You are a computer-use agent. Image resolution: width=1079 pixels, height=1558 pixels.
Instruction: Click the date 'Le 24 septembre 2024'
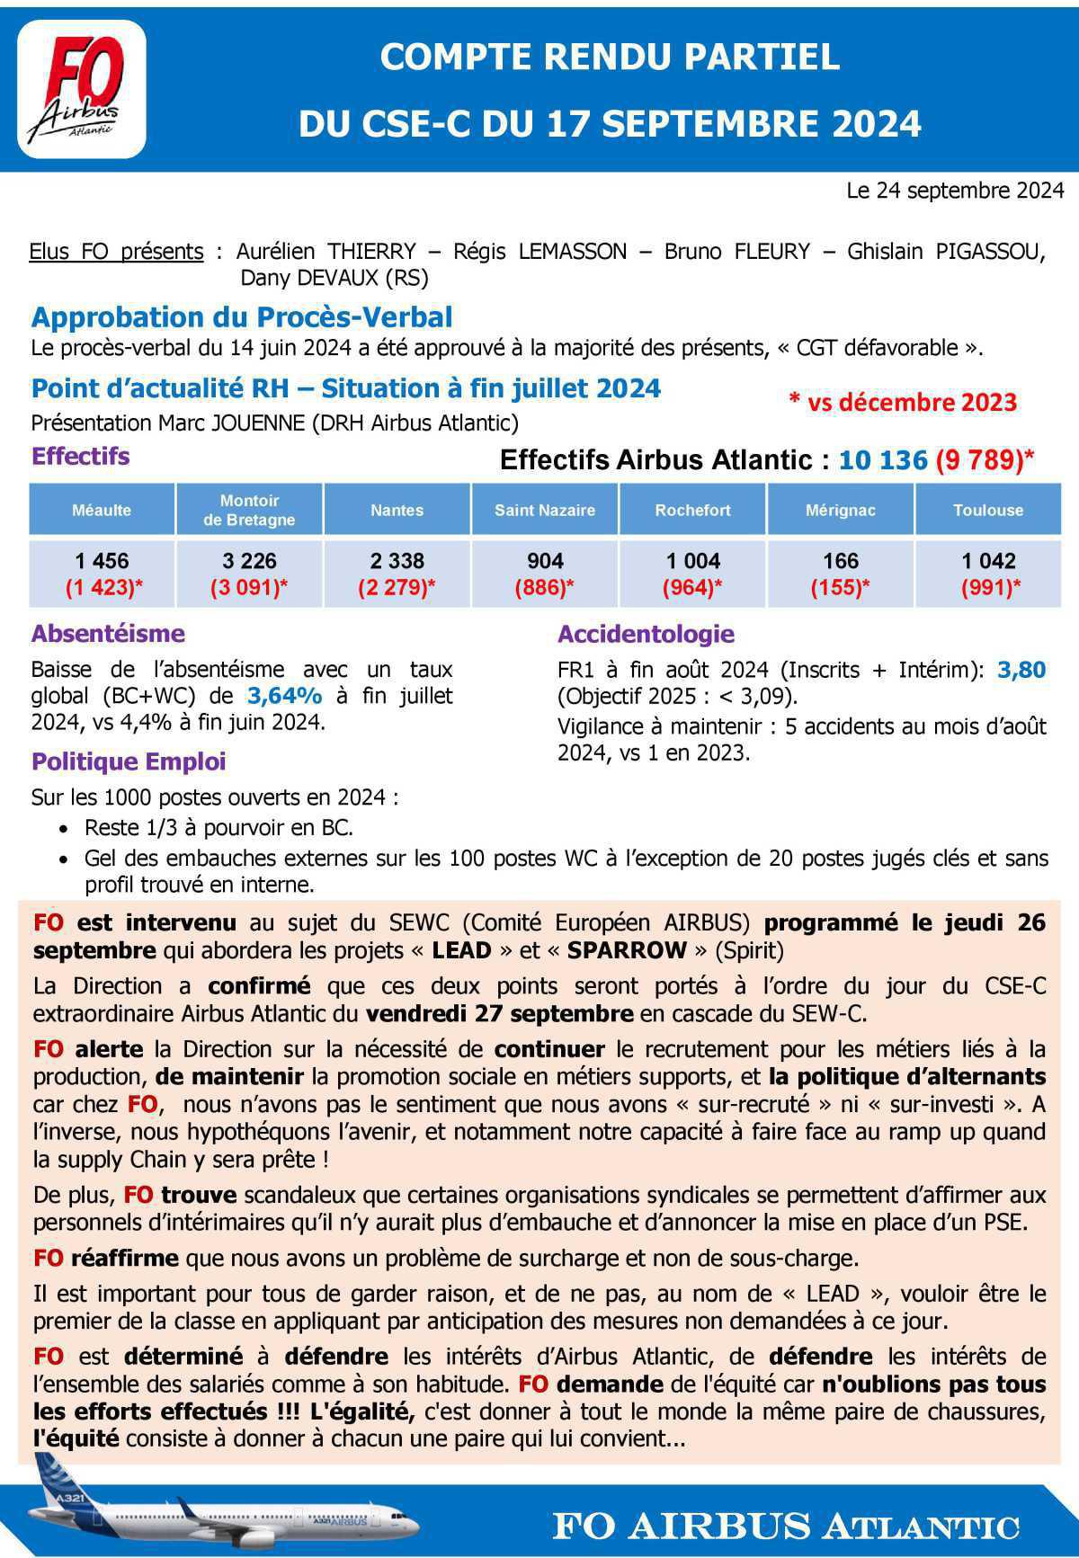pyautogui.click(x=955, y=191)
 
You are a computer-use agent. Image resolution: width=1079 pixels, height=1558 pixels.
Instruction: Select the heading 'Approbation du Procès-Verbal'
pyautogui.click(x=242, y=317)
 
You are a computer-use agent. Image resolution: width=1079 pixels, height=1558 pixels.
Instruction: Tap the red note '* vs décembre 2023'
pyautogui.click(x=903, y=402)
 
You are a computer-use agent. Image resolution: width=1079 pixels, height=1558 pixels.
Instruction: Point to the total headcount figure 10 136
pyautogui.click(x=882, y=460)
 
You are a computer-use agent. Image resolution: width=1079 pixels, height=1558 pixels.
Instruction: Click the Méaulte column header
pyautogui.click(x=102, y=510)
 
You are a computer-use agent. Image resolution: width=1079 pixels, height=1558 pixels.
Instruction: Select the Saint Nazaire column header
pyautogui.click(x=545, y=510)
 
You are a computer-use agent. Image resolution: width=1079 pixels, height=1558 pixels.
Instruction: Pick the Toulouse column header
pyautogui.click(x=988, y=510)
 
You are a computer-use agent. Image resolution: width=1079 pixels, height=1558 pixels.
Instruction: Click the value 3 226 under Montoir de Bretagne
pyautogui.click(x=249, y=561)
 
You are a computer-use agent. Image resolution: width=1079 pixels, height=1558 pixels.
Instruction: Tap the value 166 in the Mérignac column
pyautogui.click(x=841, y=561)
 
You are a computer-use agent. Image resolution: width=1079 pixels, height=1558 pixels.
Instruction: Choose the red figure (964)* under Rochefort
pyautogui.click(x=692, y=588)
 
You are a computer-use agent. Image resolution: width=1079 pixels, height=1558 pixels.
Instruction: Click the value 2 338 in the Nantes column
pyautogui.click(x=397, y=561)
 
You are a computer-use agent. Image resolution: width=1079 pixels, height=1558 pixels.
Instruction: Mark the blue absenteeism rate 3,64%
pyautogui.click(x=284, y=696)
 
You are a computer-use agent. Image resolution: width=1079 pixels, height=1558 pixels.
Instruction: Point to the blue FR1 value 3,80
pyautogui.click(x=1021, y=670)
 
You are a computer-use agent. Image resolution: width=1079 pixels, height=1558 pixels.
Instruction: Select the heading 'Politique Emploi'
pyautogui.click(x=129, y=761)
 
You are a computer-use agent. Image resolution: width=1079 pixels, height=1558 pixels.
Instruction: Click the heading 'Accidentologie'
pyautogui.click(x=646, y=634)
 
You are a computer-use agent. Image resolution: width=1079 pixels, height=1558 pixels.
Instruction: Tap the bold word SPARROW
pyautogui.click(x=627, y=950)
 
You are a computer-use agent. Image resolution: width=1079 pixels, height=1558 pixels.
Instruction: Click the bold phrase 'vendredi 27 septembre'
pyautogui.click(x=499, y=1013)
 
